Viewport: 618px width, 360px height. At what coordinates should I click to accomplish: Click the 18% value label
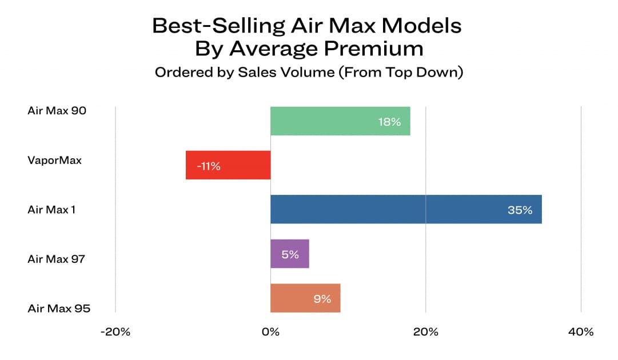point(389,122)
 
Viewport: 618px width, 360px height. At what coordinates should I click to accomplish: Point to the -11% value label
point(208,166)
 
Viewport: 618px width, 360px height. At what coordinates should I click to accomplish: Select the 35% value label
point(520,210)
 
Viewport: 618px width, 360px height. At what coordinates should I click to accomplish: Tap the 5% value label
point(290,255)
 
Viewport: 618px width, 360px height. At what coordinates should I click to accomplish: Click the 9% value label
point(322,299)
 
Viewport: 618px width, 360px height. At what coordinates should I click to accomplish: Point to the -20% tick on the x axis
point(115,332)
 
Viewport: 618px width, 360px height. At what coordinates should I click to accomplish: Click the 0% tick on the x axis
point(270,332)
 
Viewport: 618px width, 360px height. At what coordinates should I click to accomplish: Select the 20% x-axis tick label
point(425,332)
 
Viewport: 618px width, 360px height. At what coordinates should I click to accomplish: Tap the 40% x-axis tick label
point(581,332)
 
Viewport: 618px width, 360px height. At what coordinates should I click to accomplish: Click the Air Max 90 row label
point(57,110)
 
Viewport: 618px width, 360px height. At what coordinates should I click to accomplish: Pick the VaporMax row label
point(54,160)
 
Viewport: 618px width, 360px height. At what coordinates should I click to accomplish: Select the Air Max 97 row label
point(56,259)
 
